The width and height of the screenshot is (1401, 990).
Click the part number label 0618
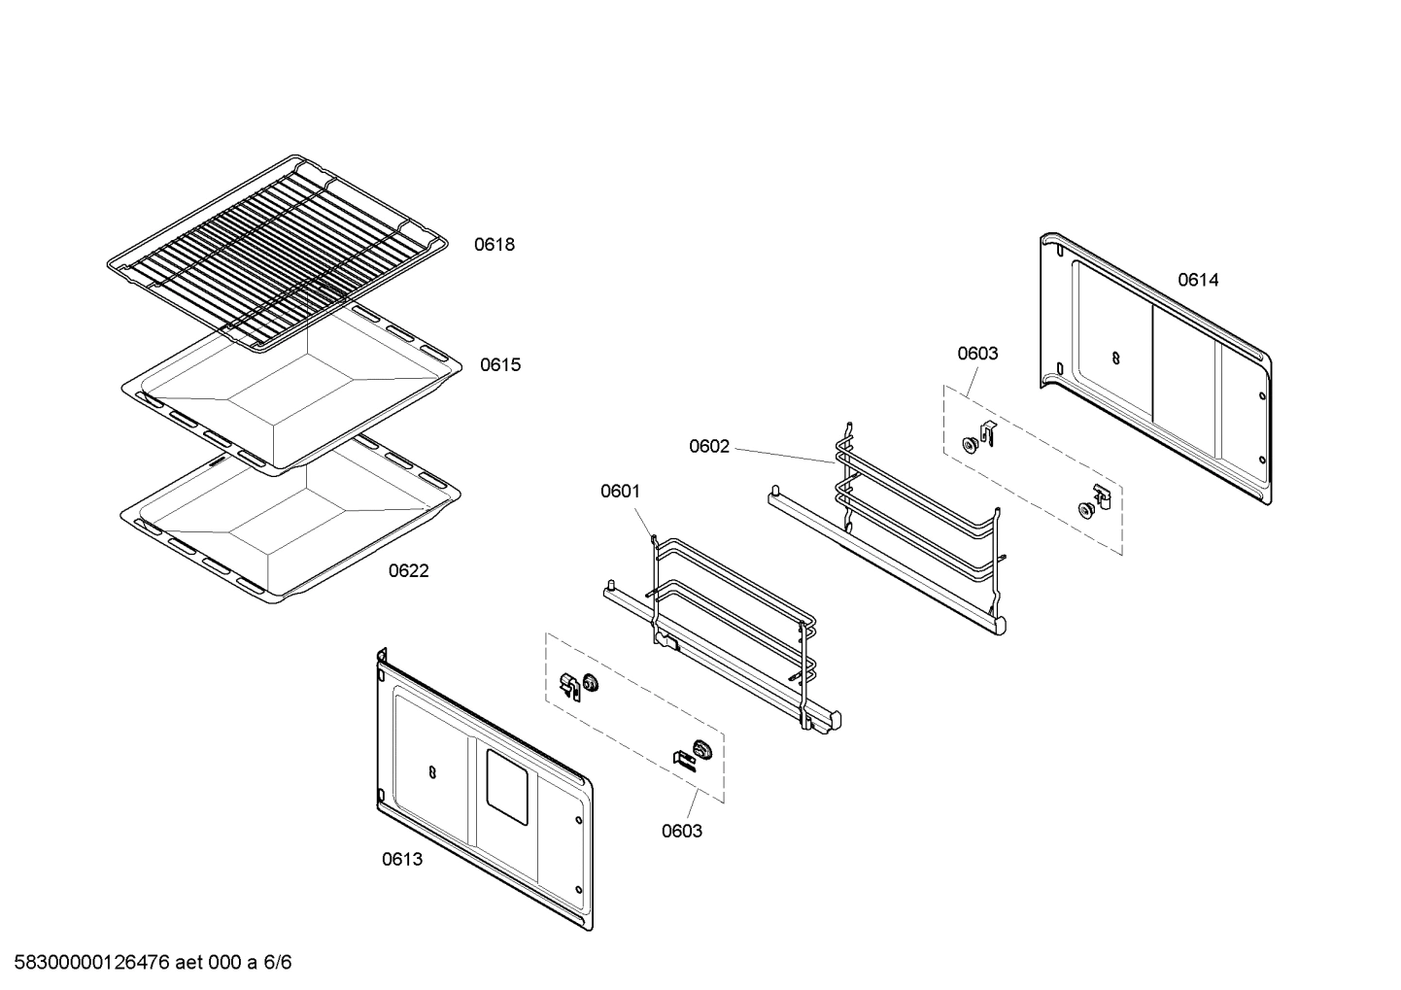pyautogui.click(x=494, y=245)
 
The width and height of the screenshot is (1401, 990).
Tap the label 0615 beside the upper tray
pyautogui.click(x=499, y=365)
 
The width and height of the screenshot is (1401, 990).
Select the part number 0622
pyautogui.click(x=408, y=571)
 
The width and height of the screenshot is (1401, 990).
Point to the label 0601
pyautogui.click(x=620, y=492)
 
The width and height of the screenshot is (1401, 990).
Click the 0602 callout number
pyautogui.click(x=708, y=447)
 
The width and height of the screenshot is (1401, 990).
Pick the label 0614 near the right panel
pyautogui.click(x=1198, y=281)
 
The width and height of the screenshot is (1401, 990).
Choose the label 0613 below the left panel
pyautogui.click(x=401, y=860)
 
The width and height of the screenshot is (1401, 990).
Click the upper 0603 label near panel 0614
pyautogui.click(x=977, y=354)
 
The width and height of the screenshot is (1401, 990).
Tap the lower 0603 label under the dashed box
pyautogui.click(x=681, y=832)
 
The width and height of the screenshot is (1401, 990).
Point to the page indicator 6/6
pyautogui.click(x=278, y=963)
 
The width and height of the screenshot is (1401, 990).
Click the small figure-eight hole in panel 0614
pyautogui.click(x=1114, y=358)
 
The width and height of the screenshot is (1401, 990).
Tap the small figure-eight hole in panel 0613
pyautogui.click(x=432, y=771)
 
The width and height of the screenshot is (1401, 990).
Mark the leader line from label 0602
pyautogui.click(x=782, y=455)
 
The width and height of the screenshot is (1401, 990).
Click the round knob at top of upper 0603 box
pyautogui.click(x=969, y=444)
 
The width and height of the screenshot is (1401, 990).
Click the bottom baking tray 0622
pyautogui.click(x=291, y=529)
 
